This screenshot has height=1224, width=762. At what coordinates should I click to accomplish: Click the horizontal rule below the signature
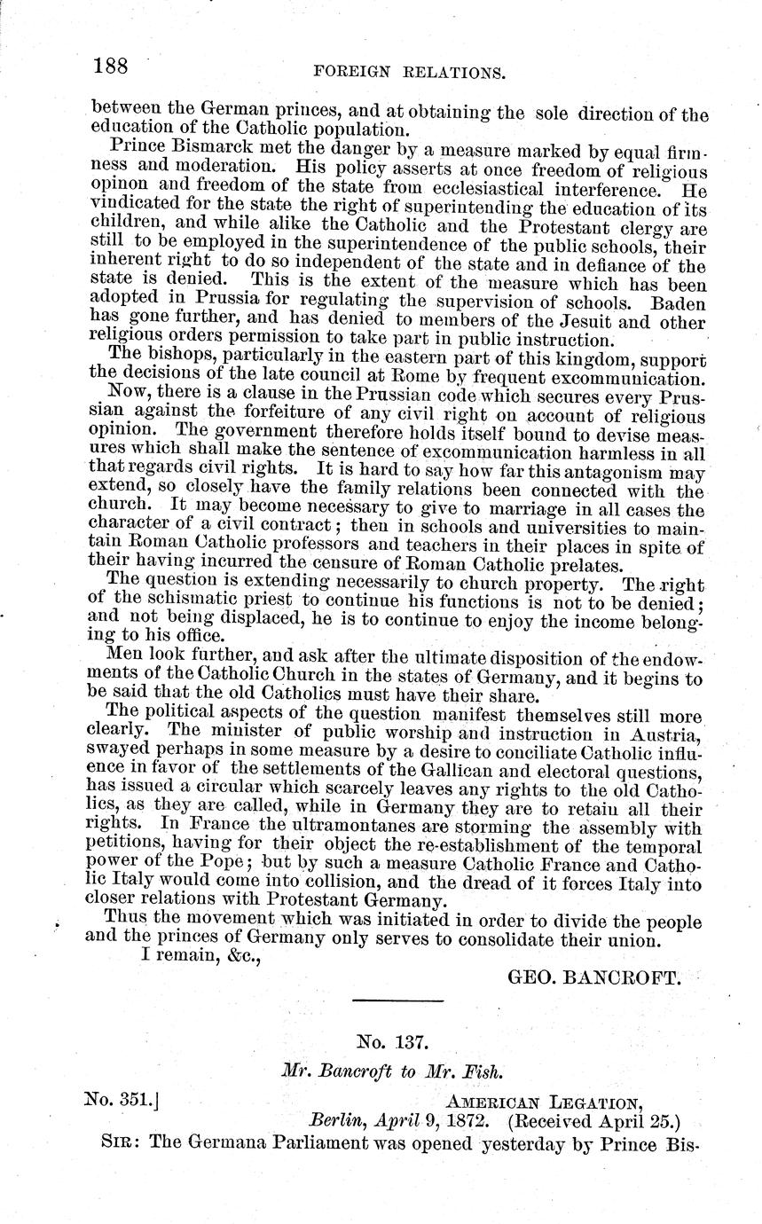tap(397, 1001)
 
